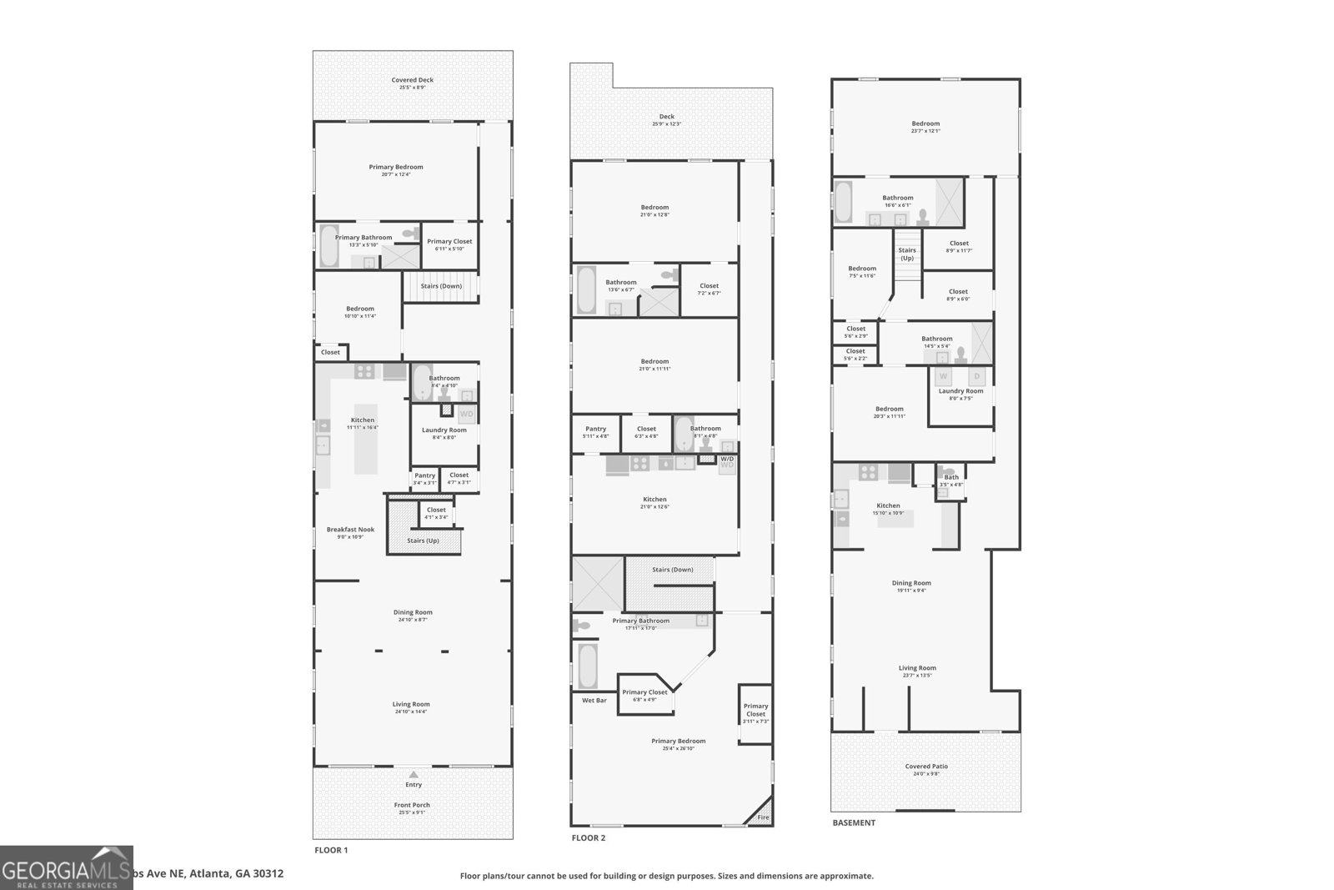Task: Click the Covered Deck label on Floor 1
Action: coord(413,80)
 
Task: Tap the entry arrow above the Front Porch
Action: coord(413,774)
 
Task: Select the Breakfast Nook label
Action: coord(350,530)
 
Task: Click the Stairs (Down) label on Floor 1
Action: coord(441,286)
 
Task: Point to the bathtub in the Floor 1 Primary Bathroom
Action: coord(329,246)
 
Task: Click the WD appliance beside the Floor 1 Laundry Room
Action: coord(467,414)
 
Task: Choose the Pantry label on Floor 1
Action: coord(424,475)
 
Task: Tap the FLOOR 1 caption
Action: coord(331,850)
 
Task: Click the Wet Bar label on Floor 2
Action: coord(594,701)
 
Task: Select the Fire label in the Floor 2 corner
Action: coord(763,817)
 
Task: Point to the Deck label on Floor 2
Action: coord(667,117)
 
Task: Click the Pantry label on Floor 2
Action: coord(595,429)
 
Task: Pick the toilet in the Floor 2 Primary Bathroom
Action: coord(582,625)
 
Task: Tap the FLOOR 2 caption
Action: coord(589,837)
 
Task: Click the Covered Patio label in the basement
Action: coord(926,767)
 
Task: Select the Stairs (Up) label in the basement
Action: coord(907,254)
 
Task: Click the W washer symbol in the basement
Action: coord(944,377)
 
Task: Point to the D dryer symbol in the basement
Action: coord(977,377)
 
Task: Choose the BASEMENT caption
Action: coord(854,822)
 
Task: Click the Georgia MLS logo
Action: coord(67,867)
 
